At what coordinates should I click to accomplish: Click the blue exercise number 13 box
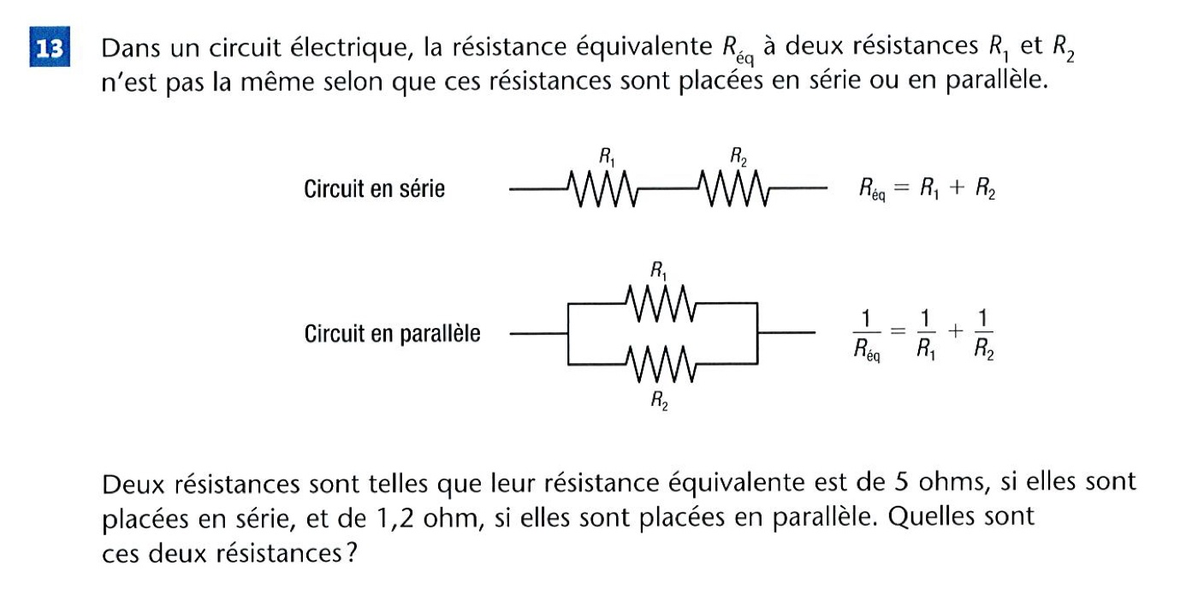[x=51, y=50]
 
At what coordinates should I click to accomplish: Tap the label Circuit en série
[x=374, y=188]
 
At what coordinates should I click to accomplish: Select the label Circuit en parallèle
[x=392, y=333]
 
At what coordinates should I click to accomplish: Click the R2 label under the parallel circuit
[x=659, y=399]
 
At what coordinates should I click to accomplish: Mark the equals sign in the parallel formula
[x=895, y=333]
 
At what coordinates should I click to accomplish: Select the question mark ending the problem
[x=349, y=554]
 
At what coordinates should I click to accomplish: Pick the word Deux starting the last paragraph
[x=131, y=485]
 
